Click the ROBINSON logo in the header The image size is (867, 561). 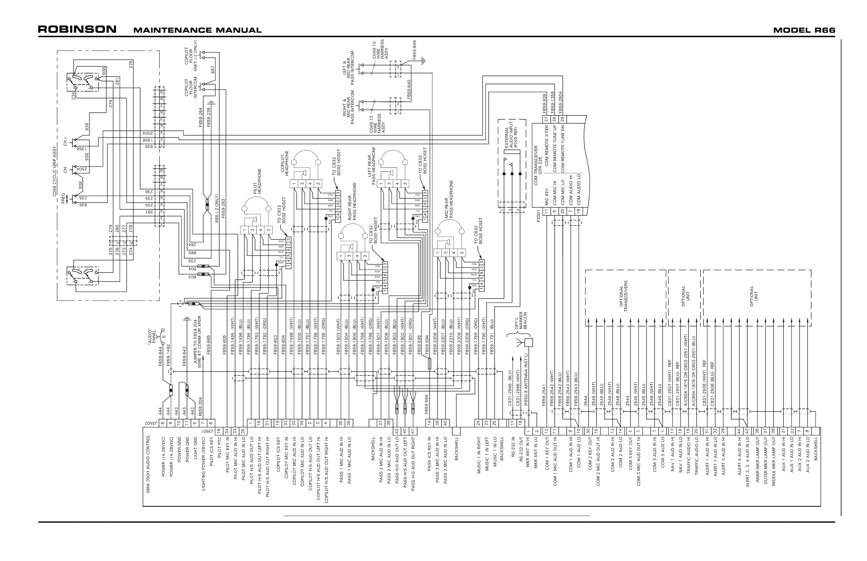77,29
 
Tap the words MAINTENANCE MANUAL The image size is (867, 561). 197,30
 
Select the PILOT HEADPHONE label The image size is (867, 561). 257,181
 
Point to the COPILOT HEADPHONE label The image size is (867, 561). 284,163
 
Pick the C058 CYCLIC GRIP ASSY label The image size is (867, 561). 55,171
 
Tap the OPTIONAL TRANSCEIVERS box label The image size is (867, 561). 624,296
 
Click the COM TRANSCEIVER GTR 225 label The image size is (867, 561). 538,165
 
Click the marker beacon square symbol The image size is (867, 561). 528,342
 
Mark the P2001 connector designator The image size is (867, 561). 538,215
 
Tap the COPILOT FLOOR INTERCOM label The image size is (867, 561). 191,87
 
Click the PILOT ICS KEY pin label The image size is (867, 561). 211,452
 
